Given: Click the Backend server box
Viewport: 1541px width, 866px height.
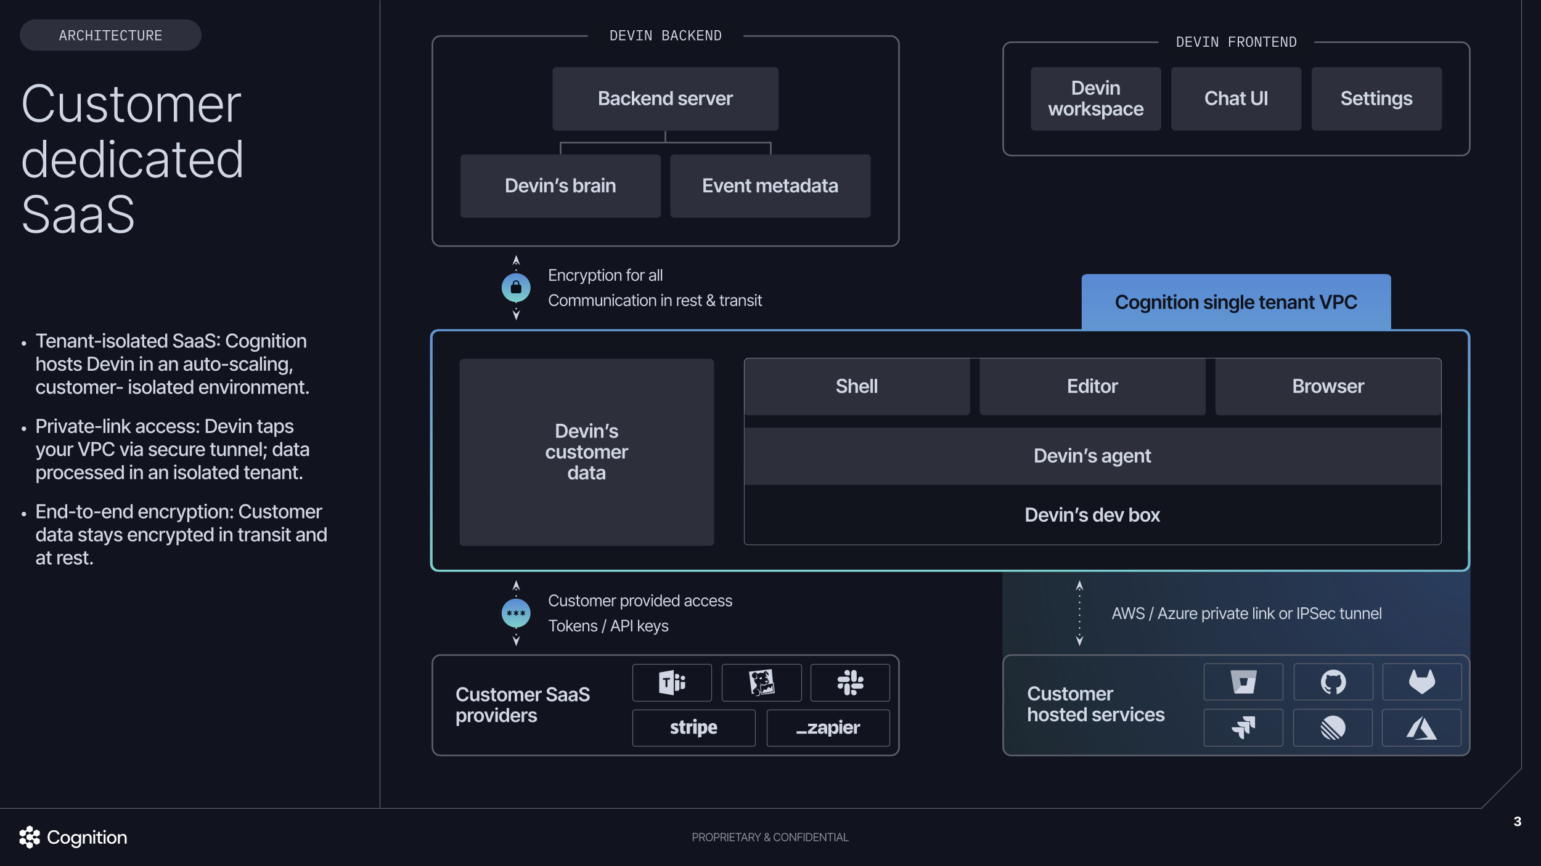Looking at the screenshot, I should click(665, 99).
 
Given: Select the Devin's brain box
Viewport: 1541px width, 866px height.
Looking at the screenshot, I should click(560, 185).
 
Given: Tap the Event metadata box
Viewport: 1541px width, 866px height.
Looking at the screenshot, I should click(770, 185).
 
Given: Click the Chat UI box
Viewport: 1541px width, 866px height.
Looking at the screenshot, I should click(1236, 99).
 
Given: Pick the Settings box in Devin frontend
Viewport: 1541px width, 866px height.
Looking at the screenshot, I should click(1376, 99).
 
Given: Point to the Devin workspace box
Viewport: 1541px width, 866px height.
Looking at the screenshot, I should click(1095, 99).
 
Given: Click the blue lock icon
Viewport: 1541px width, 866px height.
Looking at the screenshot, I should click(516, 288).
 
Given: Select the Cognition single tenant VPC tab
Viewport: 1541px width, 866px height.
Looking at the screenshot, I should click(1235, 302).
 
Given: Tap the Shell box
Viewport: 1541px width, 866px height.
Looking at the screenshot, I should click(856, 386).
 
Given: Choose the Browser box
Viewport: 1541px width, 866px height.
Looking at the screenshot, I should click(1328, 386).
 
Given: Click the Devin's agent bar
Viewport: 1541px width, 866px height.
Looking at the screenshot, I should click(1092, 456).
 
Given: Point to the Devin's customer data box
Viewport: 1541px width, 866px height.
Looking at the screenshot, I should click(586, 451).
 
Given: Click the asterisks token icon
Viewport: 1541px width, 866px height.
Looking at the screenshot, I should click(516, 613).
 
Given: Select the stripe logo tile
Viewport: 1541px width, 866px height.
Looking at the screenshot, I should click(693, 727).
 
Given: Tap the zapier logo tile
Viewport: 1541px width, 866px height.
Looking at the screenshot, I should click(827, 727).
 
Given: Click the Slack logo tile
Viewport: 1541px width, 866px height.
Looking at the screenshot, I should click(849, 682).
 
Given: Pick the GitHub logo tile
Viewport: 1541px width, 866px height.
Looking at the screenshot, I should click(1333, 682).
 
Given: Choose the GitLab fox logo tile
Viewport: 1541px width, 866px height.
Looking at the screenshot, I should click(1421, 682).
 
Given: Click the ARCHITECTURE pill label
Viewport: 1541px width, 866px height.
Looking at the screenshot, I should click(110, 36).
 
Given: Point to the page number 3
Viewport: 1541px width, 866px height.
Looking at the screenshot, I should click(1517, 821).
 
